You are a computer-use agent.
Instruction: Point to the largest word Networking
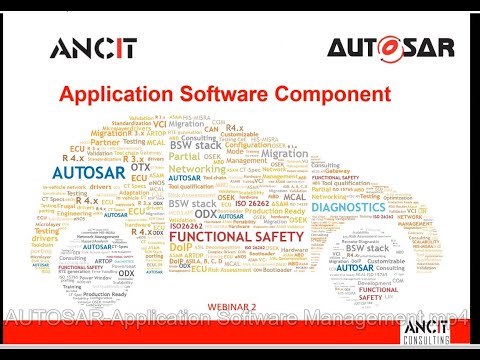[x=196, y=170]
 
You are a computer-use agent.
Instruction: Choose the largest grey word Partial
[x=184, y=156]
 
